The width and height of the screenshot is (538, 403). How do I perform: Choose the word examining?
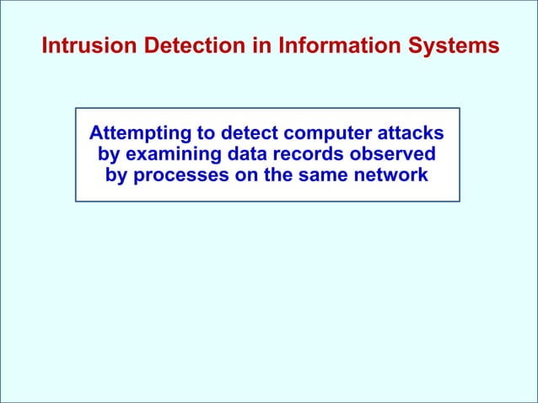(x=174, y=155)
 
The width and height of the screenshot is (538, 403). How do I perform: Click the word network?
(x=388, y=176)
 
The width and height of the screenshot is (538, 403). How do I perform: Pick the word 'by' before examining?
(x=110, y=155)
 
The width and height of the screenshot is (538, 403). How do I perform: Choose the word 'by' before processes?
(x=116, y=176)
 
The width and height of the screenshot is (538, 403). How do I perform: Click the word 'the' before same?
(x=272, y=176)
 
